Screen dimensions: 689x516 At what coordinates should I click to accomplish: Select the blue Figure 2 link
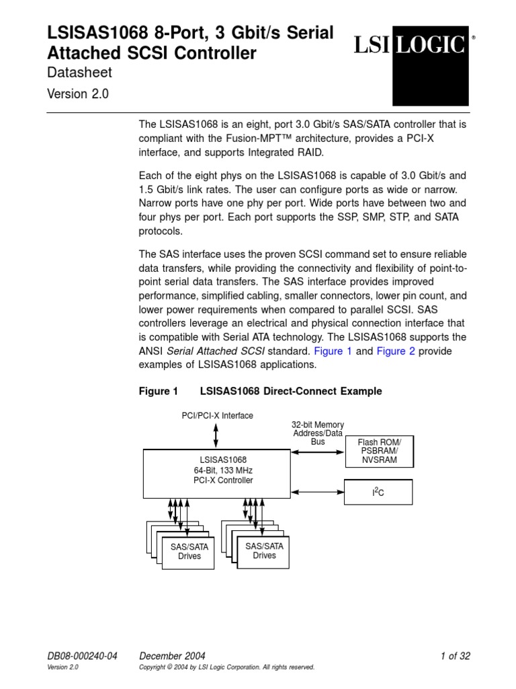pos(400,351)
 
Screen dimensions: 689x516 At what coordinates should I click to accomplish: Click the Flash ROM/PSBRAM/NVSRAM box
pos(379,451)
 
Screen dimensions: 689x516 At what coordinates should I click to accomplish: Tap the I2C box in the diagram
pos(379,493)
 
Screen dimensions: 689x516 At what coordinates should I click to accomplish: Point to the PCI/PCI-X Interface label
pos(218,416)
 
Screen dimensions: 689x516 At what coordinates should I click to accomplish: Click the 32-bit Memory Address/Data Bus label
pos(318,433)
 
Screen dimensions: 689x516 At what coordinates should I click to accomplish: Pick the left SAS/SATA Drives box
pos(189,552)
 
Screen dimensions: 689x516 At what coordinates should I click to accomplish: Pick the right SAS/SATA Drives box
pos(264,550)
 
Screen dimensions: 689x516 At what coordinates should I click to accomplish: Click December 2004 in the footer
pos(171,656)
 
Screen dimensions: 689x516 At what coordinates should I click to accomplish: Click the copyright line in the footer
pos(226,667)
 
